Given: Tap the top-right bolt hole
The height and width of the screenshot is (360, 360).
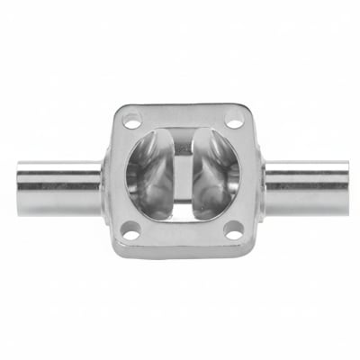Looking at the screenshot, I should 232,119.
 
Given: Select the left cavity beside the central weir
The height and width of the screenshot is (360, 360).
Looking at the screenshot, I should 148,175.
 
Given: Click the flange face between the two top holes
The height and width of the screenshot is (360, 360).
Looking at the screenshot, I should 182,114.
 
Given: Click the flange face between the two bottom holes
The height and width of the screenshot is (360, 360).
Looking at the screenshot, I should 182,238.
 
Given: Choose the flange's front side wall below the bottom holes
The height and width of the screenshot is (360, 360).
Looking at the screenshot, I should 182,253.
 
